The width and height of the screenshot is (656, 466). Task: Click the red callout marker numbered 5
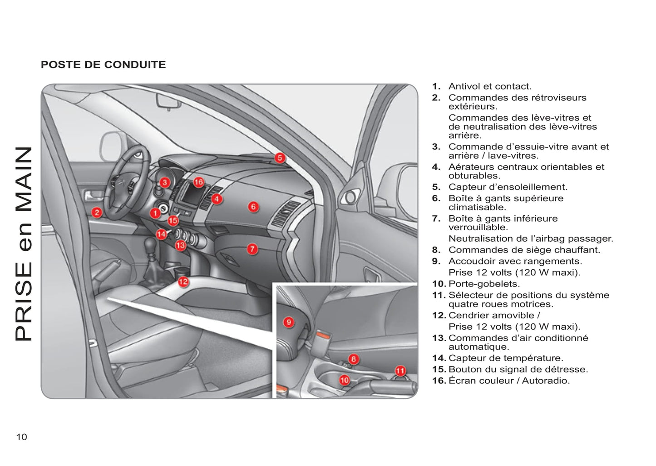click(x=280, y=158)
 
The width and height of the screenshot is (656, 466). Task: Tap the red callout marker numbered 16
click(x=199, y=182)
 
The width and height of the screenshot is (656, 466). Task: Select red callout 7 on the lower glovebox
click(x=252, y=249)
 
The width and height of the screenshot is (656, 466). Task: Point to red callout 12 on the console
click(x=183, y=282)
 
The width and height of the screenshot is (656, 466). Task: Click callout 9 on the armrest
click(x=289, y=322)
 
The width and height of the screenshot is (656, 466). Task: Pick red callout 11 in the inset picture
click(x=400, y=371)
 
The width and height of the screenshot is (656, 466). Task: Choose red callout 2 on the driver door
click(x=97, y=212)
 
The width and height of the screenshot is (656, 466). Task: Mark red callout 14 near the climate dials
click(x=161, y=234)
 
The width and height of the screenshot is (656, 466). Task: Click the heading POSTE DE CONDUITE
click(x=103, y=64)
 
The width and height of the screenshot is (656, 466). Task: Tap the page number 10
click(x=21, y=437)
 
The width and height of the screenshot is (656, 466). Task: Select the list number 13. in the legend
click(x=439, y=338)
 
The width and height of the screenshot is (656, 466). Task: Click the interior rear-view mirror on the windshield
click(x=169, y=101)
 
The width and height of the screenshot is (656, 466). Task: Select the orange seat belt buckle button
click(x=326, y=336)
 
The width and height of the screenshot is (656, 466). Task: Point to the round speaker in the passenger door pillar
click(x=350, y=197)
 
